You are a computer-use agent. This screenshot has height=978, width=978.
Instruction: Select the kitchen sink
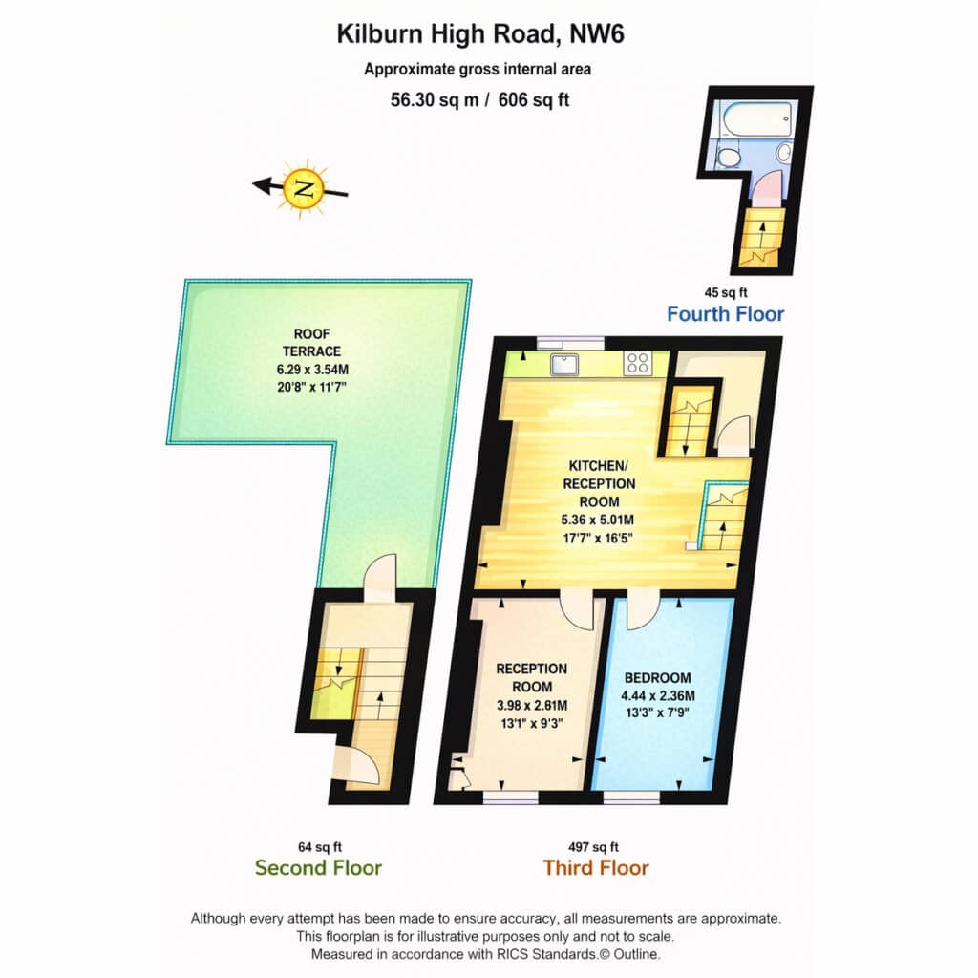coord(565,364)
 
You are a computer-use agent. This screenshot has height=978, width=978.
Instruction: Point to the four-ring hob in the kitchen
coord(638,363)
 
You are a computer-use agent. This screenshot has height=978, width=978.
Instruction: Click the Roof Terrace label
coord(312,343)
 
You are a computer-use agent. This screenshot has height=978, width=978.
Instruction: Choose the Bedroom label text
coord(657,678)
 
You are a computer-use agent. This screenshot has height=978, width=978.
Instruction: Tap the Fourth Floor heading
coord(726,313)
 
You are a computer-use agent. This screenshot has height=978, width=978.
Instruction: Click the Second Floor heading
coord(318,867)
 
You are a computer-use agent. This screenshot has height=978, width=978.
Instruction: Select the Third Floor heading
coord(596,867)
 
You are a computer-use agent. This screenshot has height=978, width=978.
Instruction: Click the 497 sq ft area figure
coord(593,847)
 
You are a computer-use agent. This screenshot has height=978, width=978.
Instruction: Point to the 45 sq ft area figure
coord(726,292)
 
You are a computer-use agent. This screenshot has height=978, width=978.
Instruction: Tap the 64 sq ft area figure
coord(320,847)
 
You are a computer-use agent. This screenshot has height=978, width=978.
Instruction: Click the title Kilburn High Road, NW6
coord(480,34)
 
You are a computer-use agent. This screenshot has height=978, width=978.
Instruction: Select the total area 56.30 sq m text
coord(435,99)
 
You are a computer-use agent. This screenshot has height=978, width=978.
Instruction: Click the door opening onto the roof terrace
coord(380,578)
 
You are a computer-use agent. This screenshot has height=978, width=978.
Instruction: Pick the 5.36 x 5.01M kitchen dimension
coord(598,520)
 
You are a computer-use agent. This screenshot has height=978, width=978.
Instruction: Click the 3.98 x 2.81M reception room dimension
coord(532,706)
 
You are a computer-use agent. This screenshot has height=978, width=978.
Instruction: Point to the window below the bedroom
coord(631,797)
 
